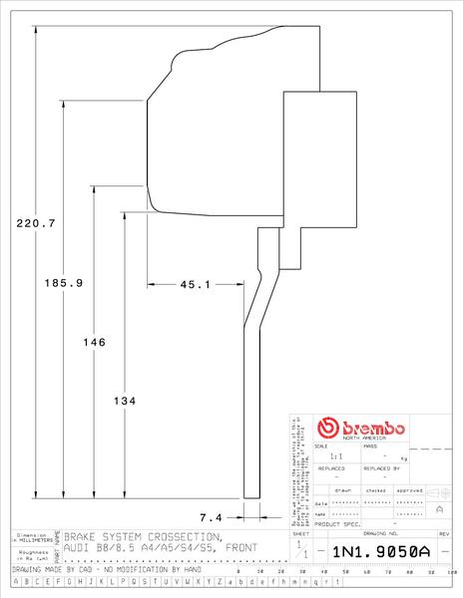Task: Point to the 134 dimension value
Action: coord(125,401)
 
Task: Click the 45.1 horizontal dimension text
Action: coord(194,285)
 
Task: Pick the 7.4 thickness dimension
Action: coord(212,517)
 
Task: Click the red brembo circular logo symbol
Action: coord(326,429)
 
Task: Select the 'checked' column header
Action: coord(375,490)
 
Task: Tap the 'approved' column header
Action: coord(409,490)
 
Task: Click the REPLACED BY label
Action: coord(382,466)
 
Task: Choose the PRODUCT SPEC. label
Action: coord(337,523)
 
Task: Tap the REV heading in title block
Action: coord(445,535)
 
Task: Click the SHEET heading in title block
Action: coord(302,535)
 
